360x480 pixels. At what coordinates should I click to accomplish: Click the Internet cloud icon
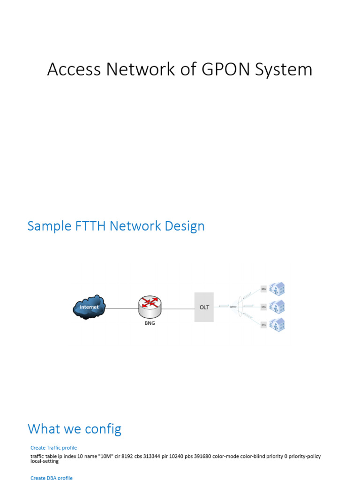(x=89, y=307)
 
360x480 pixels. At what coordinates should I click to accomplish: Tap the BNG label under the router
(x=150, y=323)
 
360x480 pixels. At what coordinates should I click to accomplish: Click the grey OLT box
(x=204, y=307)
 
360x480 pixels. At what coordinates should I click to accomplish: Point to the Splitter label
(x=233, y=307)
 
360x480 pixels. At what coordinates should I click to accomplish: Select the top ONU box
(x=263, y=290)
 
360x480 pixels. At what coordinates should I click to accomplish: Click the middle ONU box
(x=263, y=307)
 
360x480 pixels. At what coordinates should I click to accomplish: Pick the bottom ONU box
(x=263, y=324)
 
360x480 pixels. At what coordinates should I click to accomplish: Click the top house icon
(x=277, y=289)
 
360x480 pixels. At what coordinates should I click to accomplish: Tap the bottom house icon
(x=277, y=324)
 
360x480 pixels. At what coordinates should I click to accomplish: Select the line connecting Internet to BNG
(x=121, y=308)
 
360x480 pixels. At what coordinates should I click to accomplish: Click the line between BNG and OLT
(x=178, y=308)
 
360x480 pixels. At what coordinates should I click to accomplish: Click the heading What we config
(x=75, y=428)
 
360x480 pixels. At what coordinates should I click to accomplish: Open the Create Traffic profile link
(x=53, y=448)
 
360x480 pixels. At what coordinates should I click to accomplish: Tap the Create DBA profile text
(x=52, y=477)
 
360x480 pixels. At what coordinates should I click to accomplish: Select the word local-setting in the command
(x=45, y=461)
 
